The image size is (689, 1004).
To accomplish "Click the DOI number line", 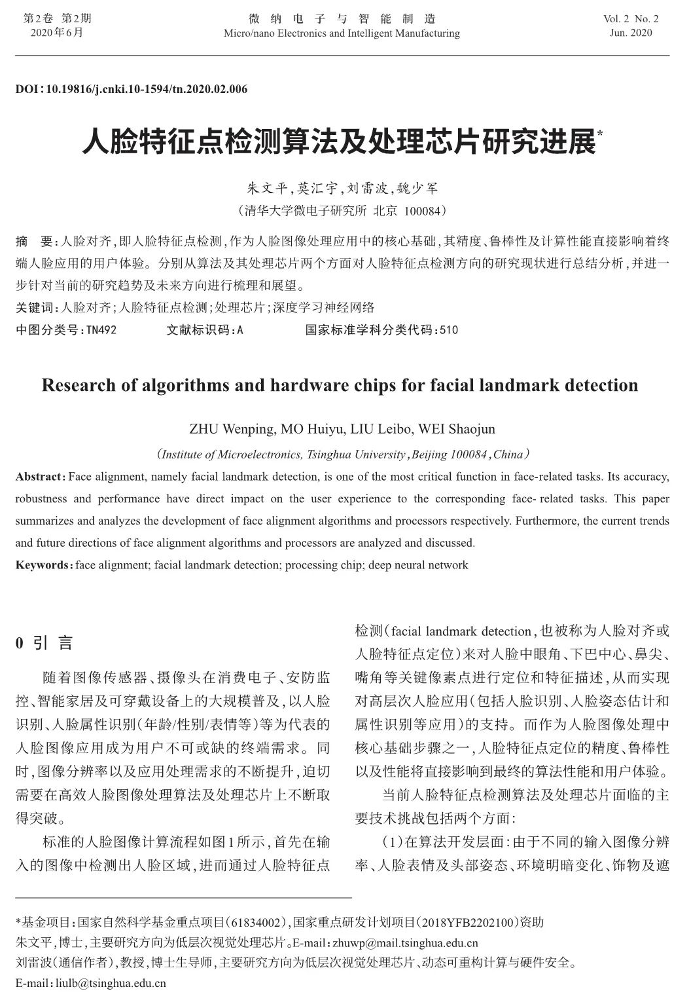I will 132,89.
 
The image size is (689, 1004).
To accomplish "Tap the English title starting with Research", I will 340,384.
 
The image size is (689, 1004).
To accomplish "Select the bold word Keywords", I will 42,565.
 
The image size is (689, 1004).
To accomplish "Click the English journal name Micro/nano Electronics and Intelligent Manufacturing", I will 342,33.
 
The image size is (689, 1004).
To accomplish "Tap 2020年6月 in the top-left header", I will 57,32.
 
